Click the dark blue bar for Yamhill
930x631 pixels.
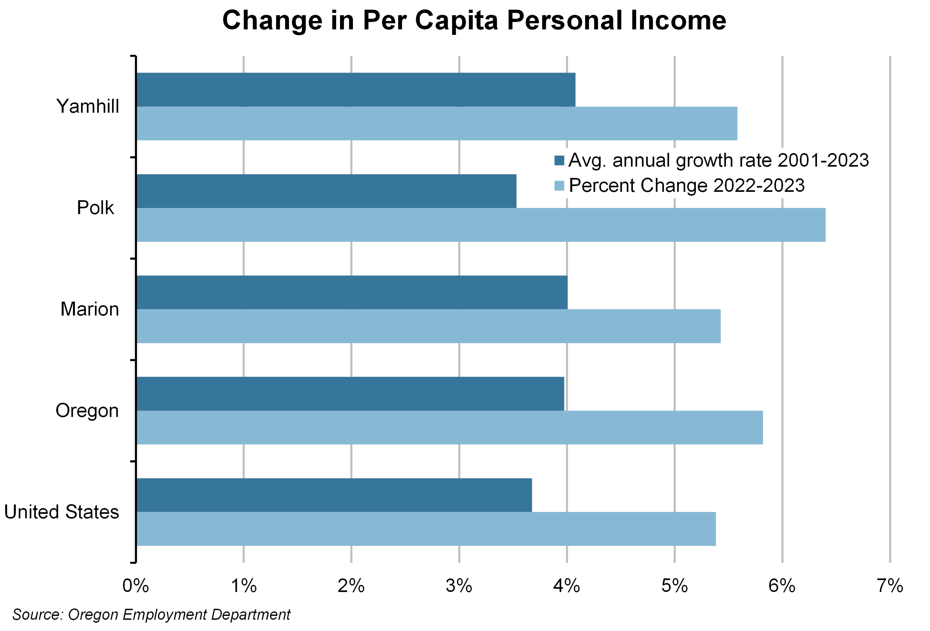click(355, 90)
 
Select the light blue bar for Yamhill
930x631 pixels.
click(436, 123)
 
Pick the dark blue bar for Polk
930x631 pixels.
click(326, 191)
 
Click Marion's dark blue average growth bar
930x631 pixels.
click(351, 292)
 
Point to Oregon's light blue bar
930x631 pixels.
click(449, 427)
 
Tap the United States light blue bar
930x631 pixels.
click(426, 529)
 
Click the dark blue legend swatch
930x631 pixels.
click(559, 160)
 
